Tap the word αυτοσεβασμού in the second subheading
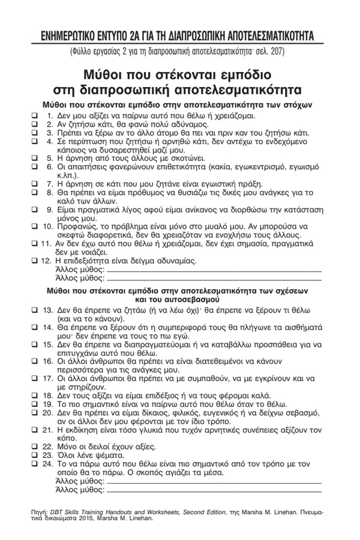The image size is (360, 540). click(x=191, y=298)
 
